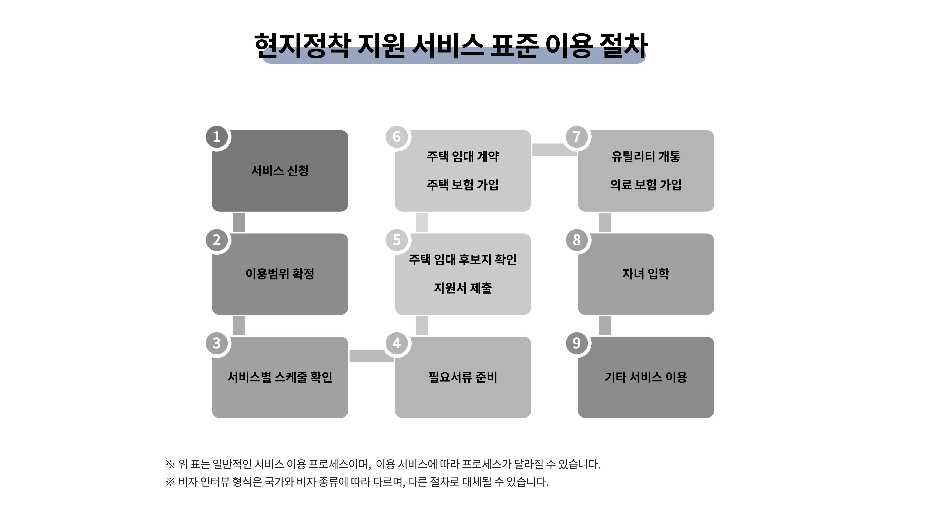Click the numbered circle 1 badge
click(x=217, y=137)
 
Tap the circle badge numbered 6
click(x=397, y=137)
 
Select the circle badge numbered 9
click(x=577, y=343)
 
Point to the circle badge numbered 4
click(x=397, y=343)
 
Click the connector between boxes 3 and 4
click(x=371, y=356)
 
